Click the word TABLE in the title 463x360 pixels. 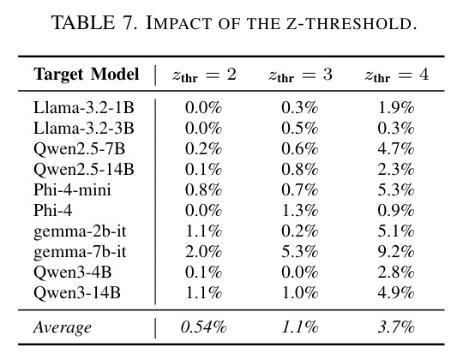point(83,23)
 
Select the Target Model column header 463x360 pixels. point(87,74)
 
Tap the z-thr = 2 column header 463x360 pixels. point(204,75)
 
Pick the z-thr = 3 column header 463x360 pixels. point(300,75)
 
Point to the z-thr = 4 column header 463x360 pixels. point(397,75)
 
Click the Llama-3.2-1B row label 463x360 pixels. point(84,107)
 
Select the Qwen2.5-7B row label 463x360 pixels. point(79,149)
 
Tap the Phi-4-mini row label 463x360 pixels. point(72,189)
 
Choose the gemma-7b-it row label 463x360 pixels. point(80,252)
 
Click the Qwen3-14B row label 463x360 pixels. point(77,293)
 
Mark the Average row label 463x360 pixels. point(63,327)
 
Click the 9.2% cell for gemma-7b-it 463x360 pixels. point(396,252)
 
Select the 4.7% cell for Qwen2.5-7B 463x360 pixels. point(396,149)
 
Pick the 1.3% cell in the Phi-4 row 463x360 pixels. point(300,210)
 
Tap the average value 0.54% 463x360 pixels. point(204,327)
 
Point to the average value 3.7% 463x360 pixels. point(396,327)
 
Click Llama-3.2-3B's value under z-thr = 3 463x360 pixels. point(300,128)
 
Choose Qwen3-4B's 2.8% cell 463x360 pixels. point(396,272)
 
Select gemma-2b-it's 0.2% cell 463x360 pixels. point(300,231)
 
